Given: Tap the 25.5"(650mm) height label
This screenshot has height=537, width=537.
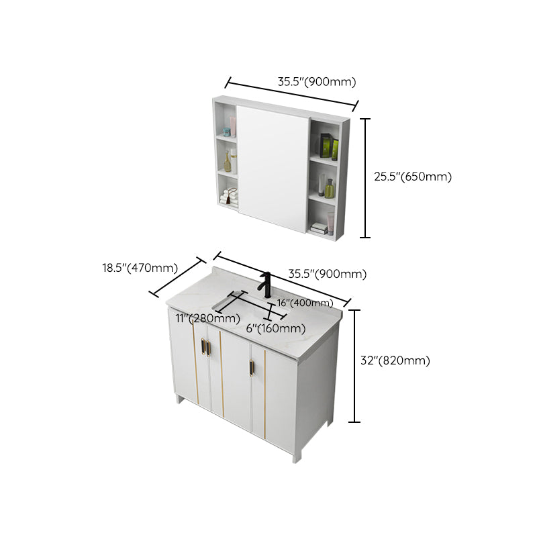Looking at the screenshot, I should pyautogui.click(x=412, y=177).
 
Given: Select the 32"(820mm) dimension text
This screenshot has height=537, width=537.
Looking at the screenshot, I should pyautogui.click(x=395, y=360).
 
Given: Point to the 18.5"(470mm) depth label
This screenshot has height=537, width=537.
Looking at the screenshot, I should pyautogui.click(x=140, y=268).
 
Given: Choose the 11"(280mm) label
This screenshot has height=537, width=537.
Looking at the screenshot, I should pyautogui.click(x=207, y=318).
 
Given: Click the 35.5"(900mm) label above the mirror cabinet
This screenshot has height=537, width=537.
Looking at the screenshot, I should pyautogui.click(x=316, y=82).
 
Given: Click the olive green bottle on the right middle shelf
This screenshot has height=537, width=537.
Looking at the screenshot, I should pyautogui.click(x=330, y=187).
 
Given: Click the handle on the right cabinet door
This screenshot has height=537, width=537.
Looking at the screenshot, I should pyautogui.click(x=252, y=369).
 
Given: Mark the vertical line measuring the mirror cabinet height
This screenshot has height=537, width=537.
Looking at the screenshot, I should pyautogui.click(x=365, y=178).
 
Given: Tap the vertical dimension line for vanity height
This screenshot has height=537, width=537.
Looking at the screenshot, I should pyautogui.click(x=355, y=366).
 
